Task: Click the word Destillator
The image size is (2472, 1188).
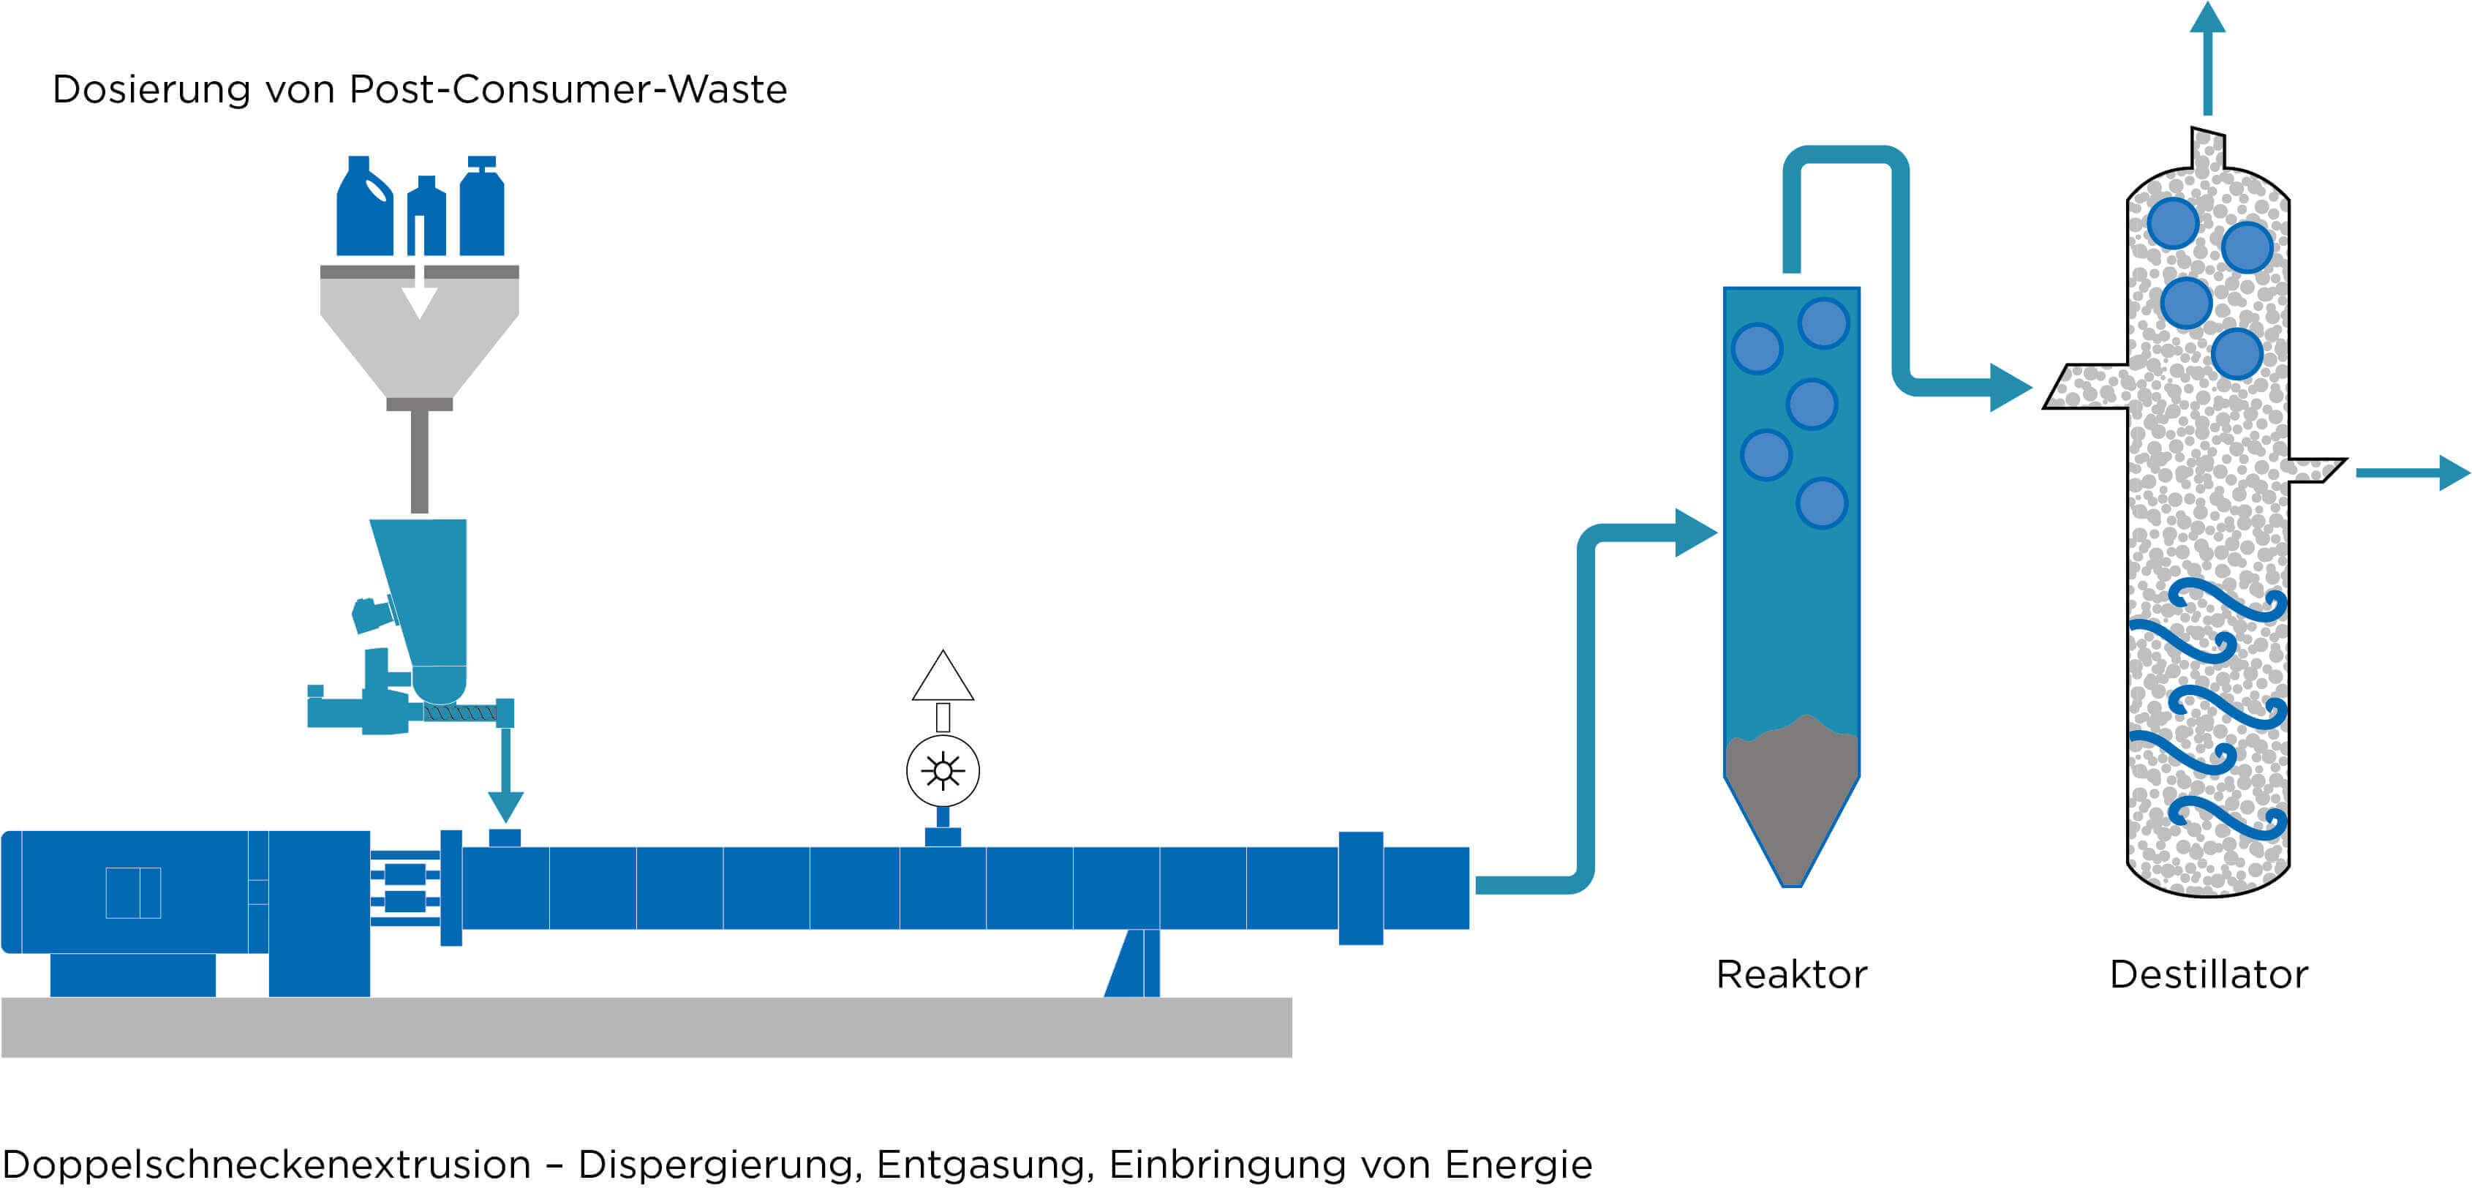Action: [2208, 974]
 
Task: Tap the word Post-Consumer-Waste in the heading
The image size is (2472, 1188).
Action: [568, 89]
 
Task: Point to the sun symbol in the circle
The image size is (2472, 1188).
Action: [942, 770]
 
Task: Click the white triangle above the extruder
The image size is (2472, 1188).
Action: [942, 676]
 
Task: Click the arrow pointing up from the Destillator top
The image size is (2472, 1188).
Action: [2207, 59]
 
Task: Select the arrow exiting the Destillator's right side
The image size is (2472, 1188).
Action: [2413, 472]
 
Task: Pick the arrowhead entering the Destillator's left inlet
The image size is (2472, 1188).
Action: [2011, 388]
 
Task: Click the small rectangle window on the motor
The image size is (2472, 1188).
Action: [133, 892]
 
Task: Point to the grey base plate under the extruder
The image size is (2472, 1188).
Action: [647, 1027]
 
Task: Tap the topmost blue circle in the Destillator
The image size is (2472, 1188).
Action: [2174, 222]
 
